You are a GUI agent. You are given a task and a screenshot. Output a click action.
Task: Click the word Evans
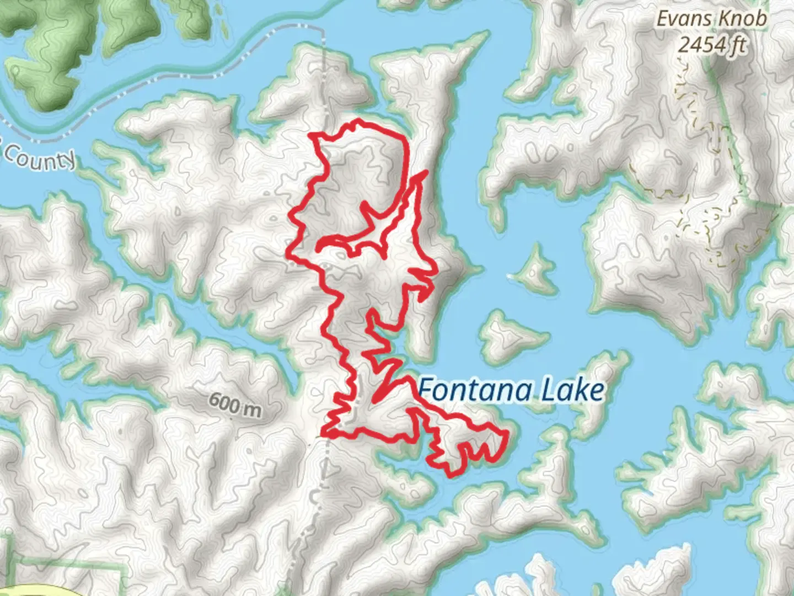tap(682, 19)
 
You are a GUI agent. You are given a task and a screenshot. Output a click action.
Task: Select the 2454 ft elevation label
tap(711, 44)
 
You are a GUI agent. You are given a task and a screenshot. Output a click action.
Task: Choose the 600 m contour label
tap(235, 405)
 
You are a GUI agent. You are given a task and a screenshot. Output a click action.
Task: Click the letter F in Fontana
tap(425, 390)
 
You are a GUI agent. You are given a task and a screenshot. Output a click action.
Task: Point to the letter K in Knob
tap(721, 19)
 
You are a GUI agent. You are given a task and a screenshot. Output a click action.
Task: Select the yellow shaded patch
tap(33, 590)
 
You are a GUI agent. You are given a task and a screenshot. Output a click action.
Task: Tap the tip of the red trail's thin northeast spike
tap(427, 172)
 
